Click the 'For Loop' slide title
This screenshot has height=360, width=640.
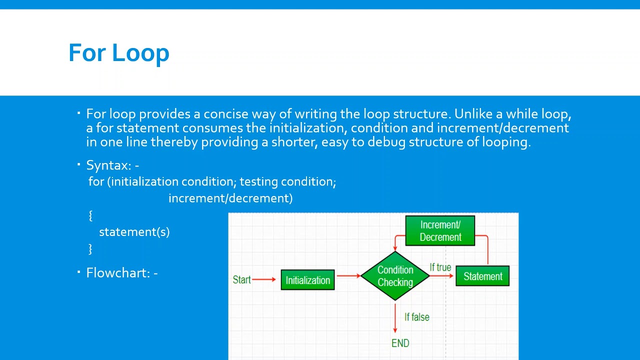tap(119, 53)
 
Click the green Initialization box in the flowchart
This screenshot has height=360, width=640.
tap(307, 280)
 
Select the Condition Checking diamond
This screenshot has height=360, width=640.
tap(395, 276)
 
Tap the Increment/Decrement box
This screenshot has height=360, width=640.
tap(440, 230)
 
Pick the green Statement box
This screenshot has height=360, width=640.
tap(482, 276)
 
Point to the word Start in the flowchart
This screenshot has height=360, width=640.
tap(241, 279)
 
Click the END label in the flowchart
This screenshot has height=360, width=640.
tap(400, 343)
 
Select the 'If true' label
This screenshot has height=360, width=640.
tap(440, 267)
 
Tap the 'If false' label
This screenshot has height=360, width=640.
tap(416, 317)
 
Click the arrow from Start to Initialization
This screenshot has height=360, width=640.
tap(264, 279)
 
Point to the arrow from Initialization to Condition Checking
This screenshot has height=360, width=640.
tap(348, 275)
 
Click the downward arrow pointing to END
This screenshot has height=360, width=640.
tap(395, 317)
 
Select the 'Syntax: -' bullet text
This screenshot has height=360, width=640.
tap(112, 165)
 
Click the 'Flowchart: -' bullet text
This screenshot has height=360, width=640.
tap(122, 272)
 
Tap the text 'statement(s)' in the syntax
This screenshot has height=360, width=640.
tap(134, 232)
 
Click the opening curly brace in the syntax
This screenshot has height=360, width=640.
tap(90, 215)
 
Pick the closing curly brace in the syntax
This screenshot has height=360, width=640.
tap(90, 248)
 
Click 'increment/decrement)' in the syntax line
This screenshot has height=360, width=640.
tap(230, 198)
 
